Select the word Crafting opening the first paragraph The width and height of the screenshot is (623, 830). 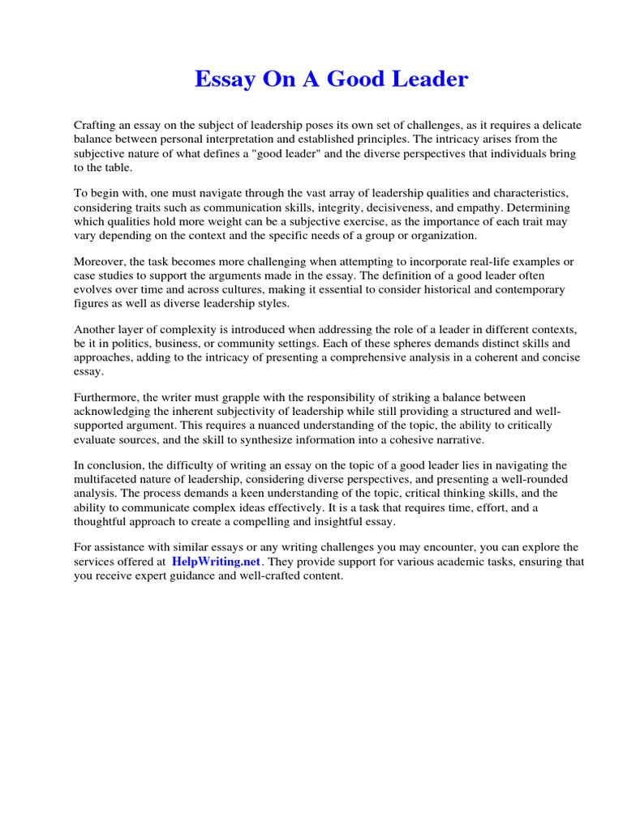tap(97, 126)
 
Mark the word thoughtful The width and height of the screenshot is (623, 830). tap(99, 521)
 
